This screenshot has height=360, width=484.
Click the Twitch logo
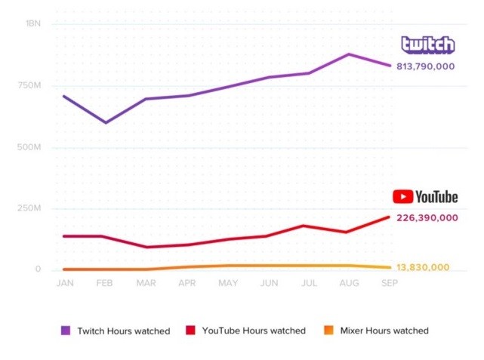coord(427,45)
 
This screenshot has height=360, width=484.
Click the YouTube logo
coord(425,197)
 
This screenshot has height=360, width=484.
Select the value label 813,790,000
coord(427,66)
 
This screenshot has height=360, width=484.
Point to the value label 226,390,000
coord(427,217)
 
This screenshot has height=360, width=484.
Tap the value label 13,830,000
coord(423,267)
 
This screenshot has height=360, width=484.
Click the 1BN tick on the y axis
coord(33,23)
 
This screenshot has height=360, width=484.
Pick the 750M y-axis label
coord(29,85)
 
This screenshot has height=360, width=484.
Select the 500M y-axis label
coord(29,146)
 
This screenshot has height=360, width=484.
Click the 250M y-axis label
coord(29,208)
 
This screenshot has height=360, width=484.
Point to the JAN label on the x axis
coord(65,282)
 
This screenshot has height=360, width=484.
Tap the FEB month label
coord(106,282)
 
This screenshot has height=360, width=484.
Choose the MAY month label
coord(228,282)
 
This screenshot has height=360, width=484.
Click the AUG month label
coord(349,282)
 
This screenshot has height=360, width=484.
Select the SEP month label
coord(389,282)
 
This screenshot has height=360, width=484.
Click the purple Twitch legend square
coord(66,331)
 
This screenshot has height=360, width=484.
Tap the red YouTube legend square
coord(190,331)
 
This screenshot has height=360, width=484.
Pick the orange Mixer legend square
coord(328,331)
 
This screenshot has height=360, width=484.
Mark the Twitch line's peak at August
coord(349,54)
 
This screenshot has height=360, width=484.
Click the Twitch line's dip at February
coord(106,122)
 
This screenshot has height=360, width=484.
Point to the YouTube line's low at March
coord(146,247)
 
